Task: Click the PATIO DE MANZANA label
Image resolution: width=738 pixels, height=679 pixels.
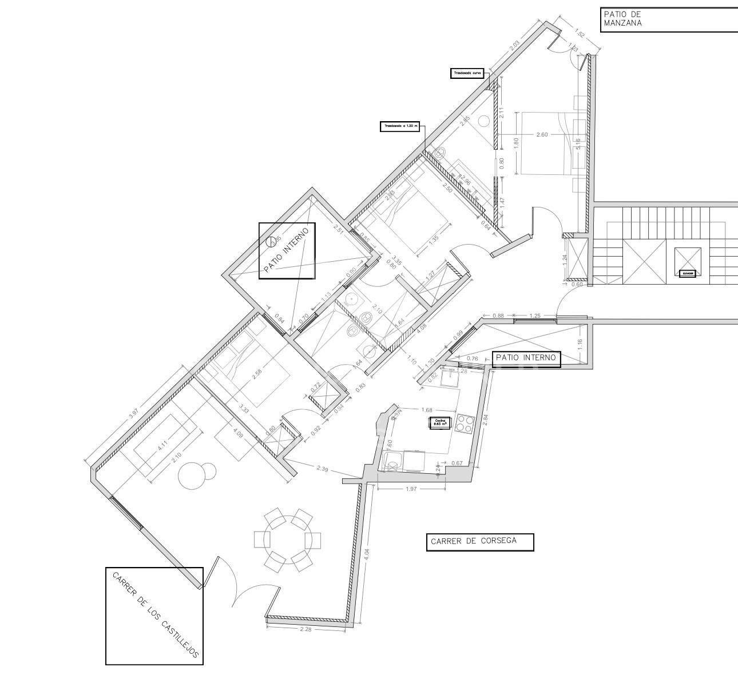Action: pos(623,19)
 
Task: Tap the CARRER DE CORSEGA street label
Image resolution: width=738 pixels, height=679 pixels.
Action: pos(474,541)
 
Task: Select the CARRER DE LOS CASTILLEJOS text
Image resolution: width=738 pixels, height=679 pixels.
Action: pos(155,616)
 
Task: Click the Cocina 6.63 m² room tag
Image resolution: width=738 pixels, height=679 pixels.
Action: pos(439,423)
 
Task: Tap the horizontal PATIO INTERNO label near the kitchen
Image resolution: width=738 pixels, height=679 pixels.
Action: pos(526,358)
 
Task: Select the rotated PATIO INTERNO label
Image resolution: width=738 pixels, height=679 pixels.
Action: pos(287,250)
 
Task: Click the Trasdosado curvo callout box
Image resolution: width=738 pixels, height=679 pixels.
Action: pos(467,73)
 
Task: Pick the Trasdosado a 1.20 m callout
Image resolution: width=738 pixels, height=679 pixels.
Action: pos(400,126)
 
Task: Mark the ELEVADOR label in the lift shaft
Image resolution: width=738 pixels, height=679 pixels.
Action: pos(687,273)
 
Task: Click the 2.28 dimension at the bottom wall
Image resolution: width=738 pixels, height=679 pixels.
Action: pos(306,629)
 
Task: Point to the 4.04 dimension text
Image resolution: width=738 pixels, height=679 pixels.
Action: pos(367,554)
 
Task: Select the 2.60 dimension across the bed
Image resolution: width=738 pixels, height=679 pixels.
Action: pos(542,134)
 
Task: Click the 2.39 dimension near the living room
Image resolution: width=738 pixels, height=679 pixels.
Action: pos(322,468)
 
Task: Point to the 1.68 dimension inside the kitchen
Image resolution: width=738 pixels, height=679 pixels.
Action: pos(426,409)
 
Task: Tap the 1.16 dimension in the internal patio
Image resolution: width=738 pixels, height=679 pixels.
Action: pos(579,344)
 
